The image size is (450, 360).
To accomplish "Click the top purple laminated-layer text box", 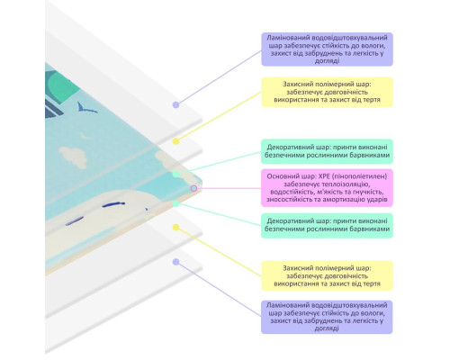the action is (x=327, y=49).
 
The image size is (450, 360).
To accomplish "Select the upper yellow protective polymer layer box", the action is (x=327, y=92).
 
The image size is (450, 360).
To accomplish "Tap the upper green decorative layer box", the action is (x=327, y=151).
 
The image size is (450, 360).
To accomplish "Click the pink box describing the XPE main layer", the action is (x=327, y=188).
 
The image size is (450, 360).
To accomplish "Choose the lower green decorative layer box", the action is (x=327, y=226).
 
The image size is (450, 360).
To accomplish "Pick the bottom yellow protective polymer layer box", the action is (x=327, y=275).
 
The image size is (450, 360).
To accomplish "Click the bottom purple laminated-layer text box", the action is (x=327, y=317).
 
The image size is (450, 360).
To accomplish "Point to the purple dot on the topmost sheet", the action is (x=176, y=104).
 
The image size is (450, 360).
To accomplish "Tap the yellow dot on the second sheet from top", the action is (x=176, y=141).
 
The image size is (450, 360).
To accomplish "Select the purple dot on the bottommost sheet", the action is (x=176, y=262).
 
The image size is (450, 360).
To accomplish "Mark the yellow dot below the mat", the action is (x=176, y=228).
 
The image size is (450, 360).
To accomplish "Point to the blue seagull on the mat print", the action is (x=87, y=107).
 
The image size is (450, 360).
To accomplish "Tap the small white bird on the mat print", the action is (x=85, y=137).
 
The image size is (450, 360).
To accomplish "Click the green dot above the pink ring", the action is (x=176, y=174).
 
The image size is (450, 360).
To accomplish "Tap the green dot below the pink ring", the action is (x=176, y=203).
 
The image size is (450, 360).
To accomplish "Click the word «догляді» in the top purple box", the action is (x=327, y=61).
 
